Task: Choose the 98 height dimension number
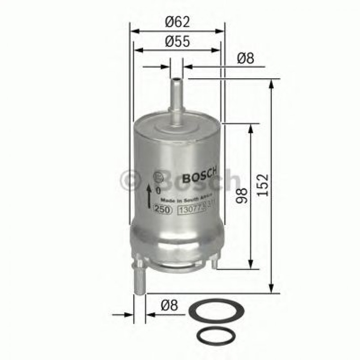[242, 196]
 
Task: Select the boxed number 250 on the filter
[163, 209]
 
